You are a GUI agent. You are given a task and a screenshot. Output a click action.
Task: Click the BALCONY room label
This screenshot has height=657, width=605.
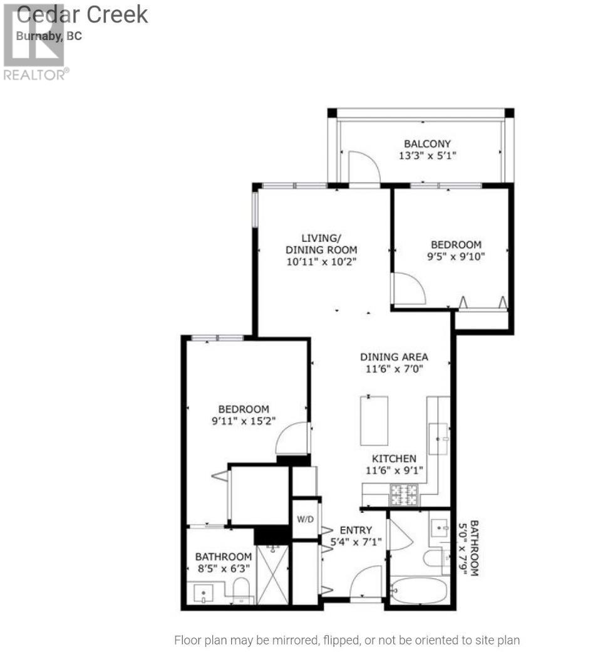tap(427, 144)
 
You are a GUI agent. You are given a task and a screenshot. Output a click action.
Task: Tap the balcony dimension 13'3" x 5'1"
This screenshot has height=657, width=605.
tap(427, 155)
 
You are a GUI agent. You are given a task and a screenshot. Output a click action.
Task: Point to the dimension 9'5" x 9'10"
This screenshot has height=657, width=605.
tap(456, 256)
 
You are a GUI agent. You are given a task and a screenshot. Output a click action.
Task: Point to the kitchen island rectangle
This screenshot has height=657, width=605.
tap(373, 421)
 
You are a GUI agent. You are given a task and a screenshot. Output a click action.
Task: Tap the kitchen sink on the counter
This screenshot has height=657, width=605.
tap(438, 438)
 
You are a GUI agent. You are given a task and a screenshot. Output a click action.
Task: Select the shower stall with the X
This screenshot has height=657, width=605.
tap(272, 575)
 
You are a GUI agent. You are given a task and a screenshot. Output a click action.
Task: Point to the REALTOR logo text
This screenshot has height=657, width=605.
tap(34, 75)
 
